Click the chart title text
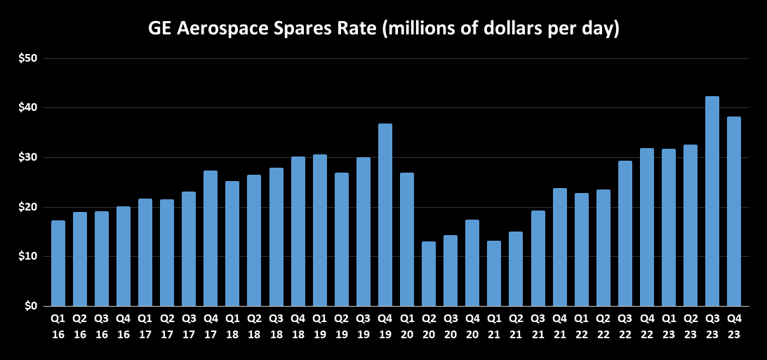(x=383, y=29)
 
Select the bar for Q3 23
(x=712, y=201)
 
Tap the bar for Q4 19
(x=385, y=215)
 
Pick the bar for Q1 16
(x=58, y=263)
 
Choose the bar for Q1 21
(x=494, y=273)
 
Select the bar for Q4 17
(x=211, y=238)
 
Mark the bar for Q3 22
(x=625, y=233)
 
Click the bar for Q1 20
(x=407, y=239)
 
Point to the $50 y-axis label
(x=28, y=58)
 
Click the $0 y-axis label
(x=32, y=306)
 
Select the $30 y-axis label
(x=28, y=157)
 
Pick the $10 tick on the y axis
(x=28, y=256)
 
